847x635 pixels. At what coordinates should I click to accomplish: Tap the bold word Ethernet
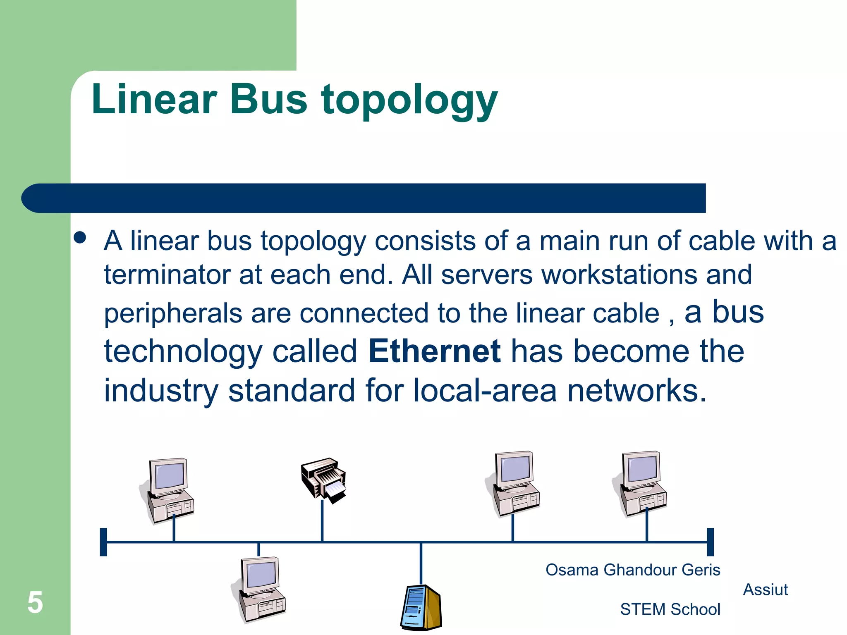tap(434, 351)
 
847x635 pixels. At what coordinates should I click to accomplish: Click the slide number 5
tap(35, 602)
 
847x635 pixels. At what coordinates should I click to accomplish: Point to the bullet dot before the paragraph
tap(80, 238)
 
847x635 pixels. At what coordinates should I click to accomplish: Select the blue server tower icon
tap(421, 607)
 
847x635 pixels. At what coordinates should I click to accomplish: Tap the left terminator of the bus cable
tap(103, 542)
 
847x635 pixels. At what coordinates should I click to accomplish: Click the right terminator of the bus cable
tap(710, 542)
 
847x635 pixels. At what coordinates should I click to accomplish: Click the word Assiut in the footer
tap(765, 590)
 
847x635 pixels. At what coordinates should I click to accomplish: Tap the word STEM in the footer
tap(643, 609)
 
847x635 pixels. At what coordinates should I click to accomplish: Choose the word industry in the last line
tap(160, 391)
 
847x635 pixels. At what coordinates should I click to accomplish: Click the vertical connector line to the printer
tap(322, 521)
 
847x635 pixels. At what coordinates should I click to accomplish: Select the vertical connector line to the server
tap(421, 563)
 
